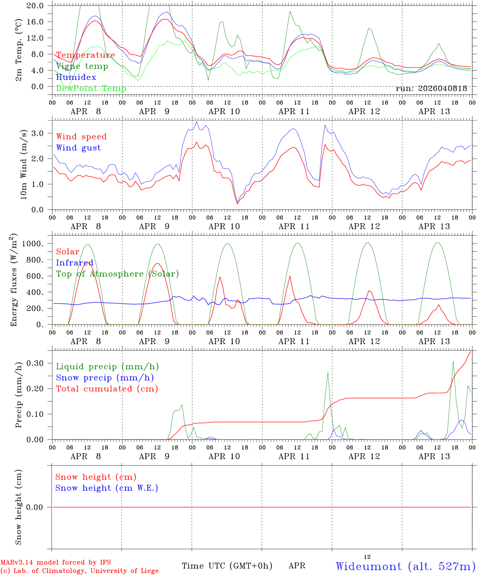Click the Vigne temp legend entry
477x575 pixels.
[x=82, y=66]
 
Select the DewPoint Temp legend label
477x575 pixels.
[x=91, y=89]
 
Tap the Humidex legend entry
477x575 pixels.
[x=76, y=77]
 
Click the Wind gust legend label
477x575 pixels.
[x=78, y=148]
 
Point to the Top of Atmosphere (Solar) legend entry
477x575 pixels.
[x=117, y=274]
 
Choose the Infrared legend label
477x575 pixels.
[x=74, y=263]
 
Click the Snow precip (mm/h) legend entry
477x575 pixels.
[x=105, y=378]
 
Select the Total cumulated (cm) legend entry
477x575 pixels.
[x=107, y=389]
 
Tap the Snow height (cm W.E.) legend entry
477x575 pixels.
[x=106, y=488]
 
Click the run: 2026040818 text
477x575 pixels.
[x=431, y=89]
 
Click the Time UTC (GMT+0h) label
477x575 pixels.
[x=227, y=566]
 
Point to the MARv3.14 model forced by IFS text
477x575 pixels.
[x=56, y=562]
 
